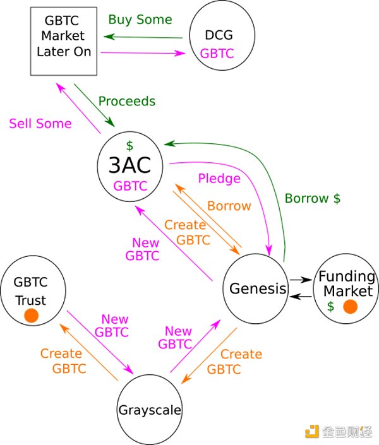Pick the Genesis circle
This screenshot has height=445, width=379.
(255, 289)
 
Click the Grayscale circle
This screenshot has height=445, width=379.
(150, 410)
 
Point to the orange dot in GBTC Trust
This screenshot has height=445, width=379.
(32, 314)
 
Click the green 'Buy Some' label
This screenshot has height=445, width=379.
(140, 20)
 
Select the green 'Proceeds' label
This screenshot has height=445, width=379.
(126, 101)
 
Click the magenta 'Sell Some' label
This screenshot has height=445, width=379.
(40, 124)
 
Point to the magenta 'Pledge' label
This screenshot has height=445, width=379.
(219, 179)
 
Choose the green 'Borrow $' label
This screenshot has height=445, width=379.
(312, 198)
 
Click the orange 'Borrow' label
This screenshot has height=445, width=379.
(229, 206)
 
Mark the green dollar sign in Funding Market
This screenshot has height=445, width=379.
(330, 307)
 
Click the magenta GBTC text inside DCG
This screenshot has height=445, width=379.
(217, 54)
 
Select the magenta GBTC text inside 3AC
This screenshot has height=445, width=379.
(131, 186)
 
